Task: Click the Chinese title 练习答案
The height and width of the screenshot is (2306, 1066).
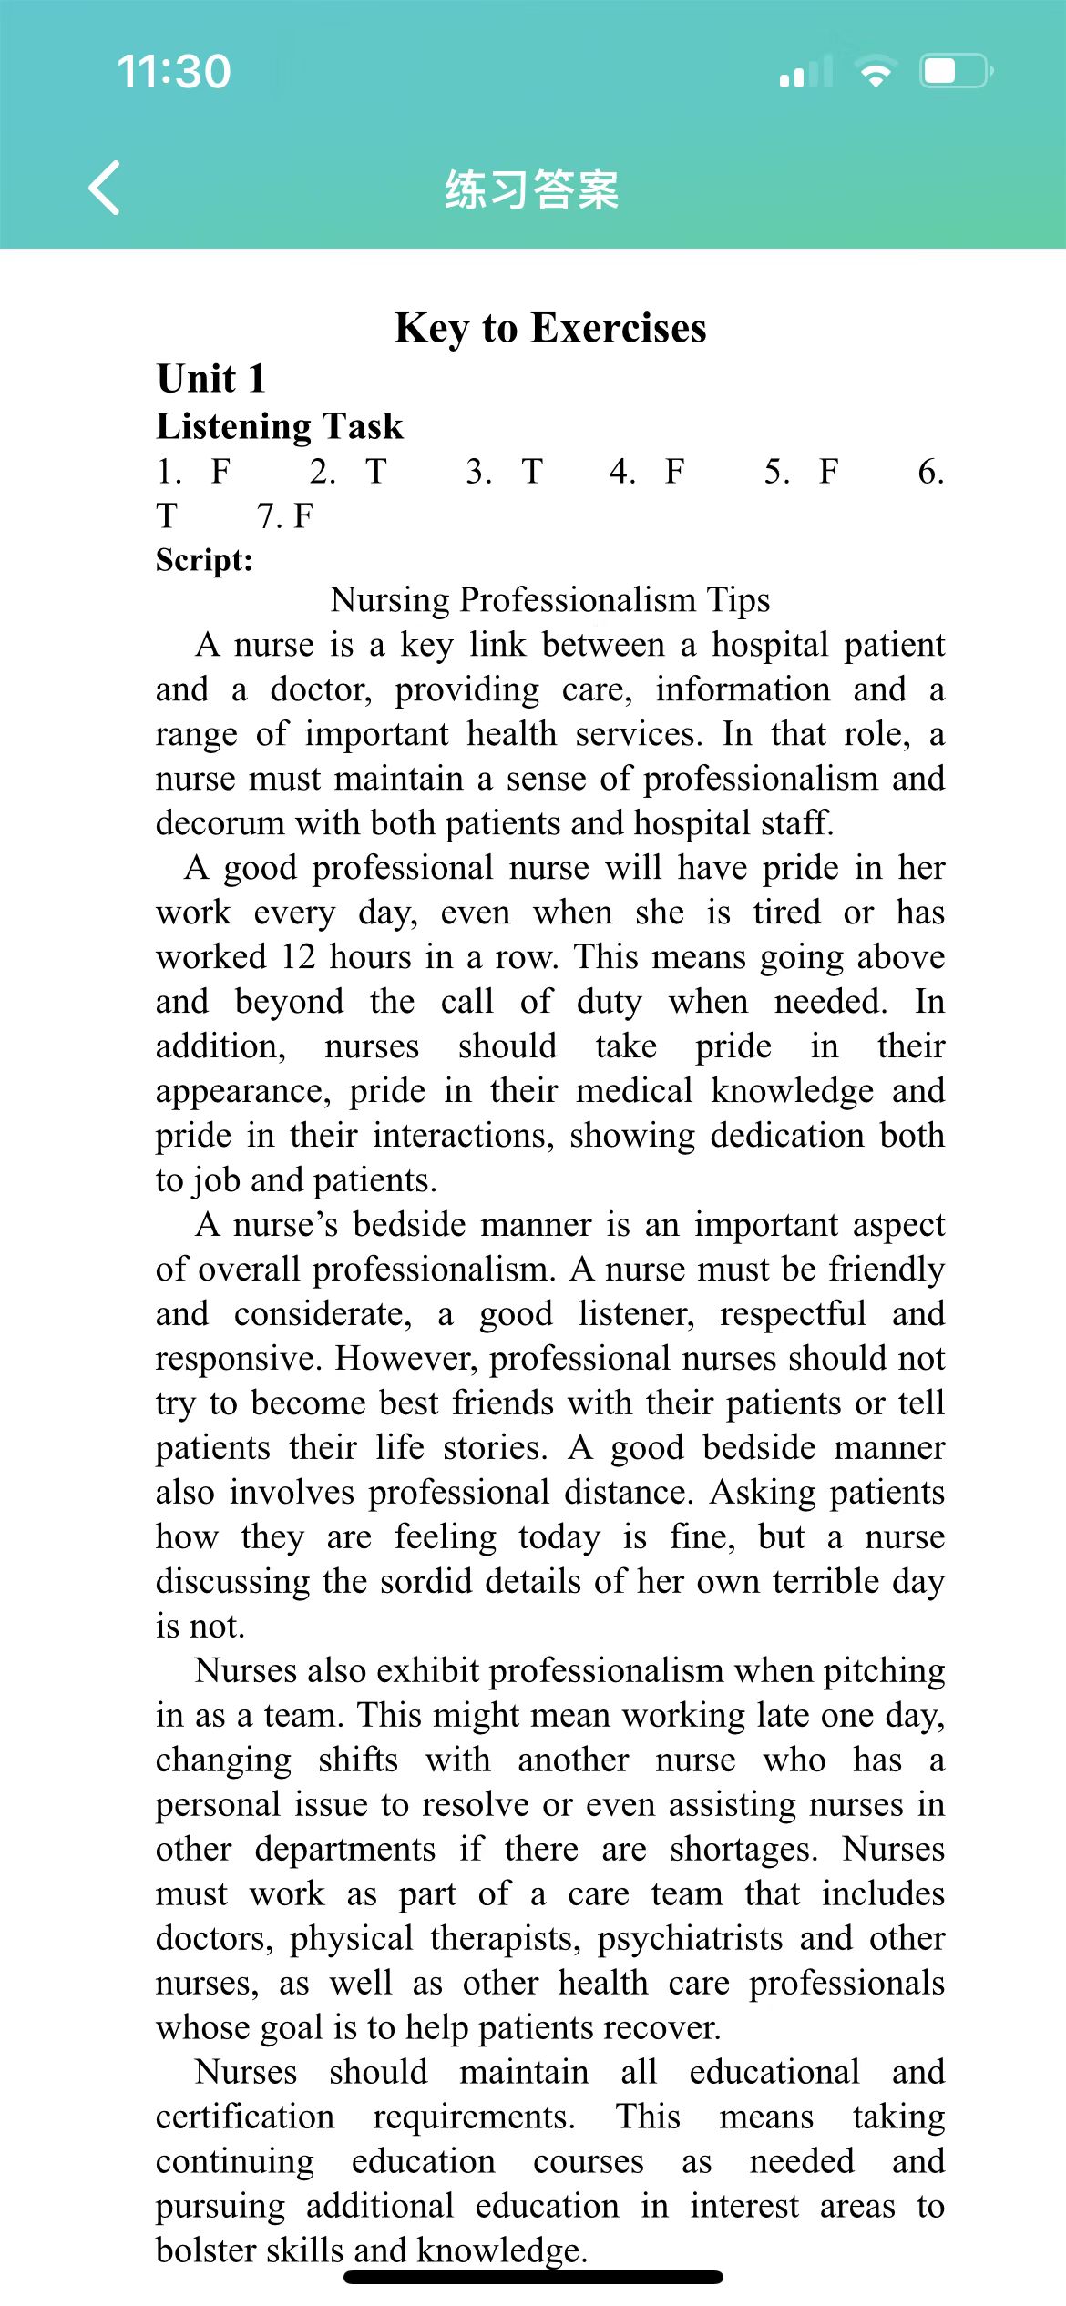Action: coord(532,189)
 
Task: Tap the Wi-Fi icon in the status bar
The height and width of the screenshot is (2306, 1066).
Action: coord(876,72)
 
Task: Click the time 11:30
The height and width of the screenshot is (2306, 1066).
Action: coord(174,72)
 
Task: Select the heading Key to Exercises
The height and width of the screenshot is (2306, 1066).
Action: coord(550,328)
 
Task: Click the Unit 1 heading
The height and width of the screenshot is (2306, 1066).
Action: coord(210,379)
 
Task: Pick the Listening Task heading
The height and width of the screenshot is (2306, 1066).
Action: coord(279,426)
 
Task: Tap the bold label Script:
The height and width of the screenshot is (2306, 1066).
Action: coord(204,559)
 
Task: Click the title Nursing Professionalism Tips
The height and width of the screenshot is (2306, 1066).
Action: coord(549,600)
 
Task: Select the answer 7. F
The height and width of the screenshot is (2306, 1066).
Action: coord(284,516)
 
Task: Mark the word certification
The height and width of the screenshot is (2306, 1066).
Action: coord(245,2117)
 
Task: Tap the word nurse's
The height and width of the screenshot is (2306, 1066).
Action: coord(285,1225)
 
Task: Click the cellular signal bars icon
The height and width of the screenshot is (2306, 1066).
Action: coord(806,72)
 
